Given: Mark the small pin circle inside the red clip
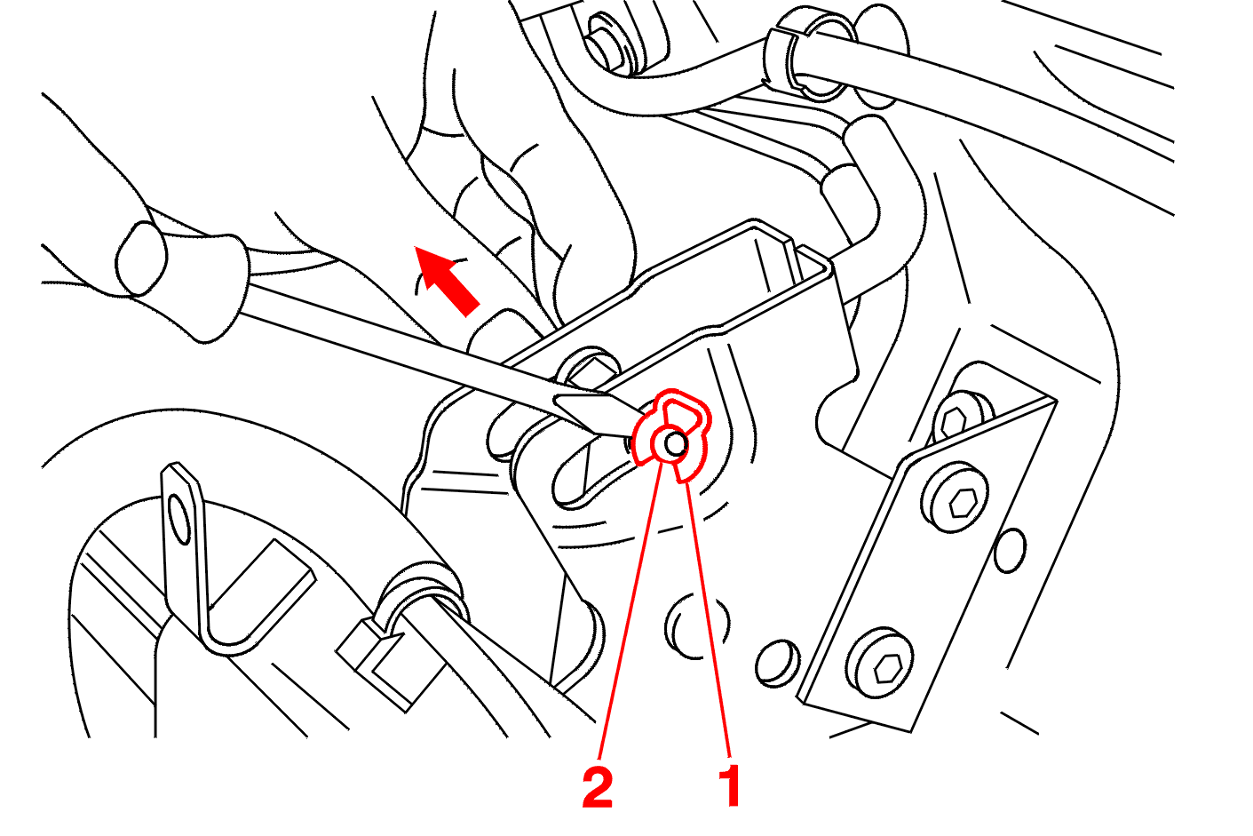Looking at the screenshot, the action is pyautogui.click(x=676, y=443).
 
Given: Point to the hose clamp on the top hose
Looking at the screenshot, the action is pyautogui.click(x=811, y=53).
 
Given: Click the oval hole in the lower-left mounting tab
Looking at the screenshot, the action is pyautogui.click(x=180, y=518).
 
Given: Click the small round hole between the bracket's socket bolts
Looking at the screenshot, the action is pyautogui.click(x=1011, y=551).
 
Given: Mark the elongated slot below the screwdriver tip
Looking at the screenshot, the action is pyautogui.click(x=593, y=473).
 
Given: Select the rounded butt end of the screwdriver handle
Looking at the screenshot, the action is pyautogui.click(x=141, y=259).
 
